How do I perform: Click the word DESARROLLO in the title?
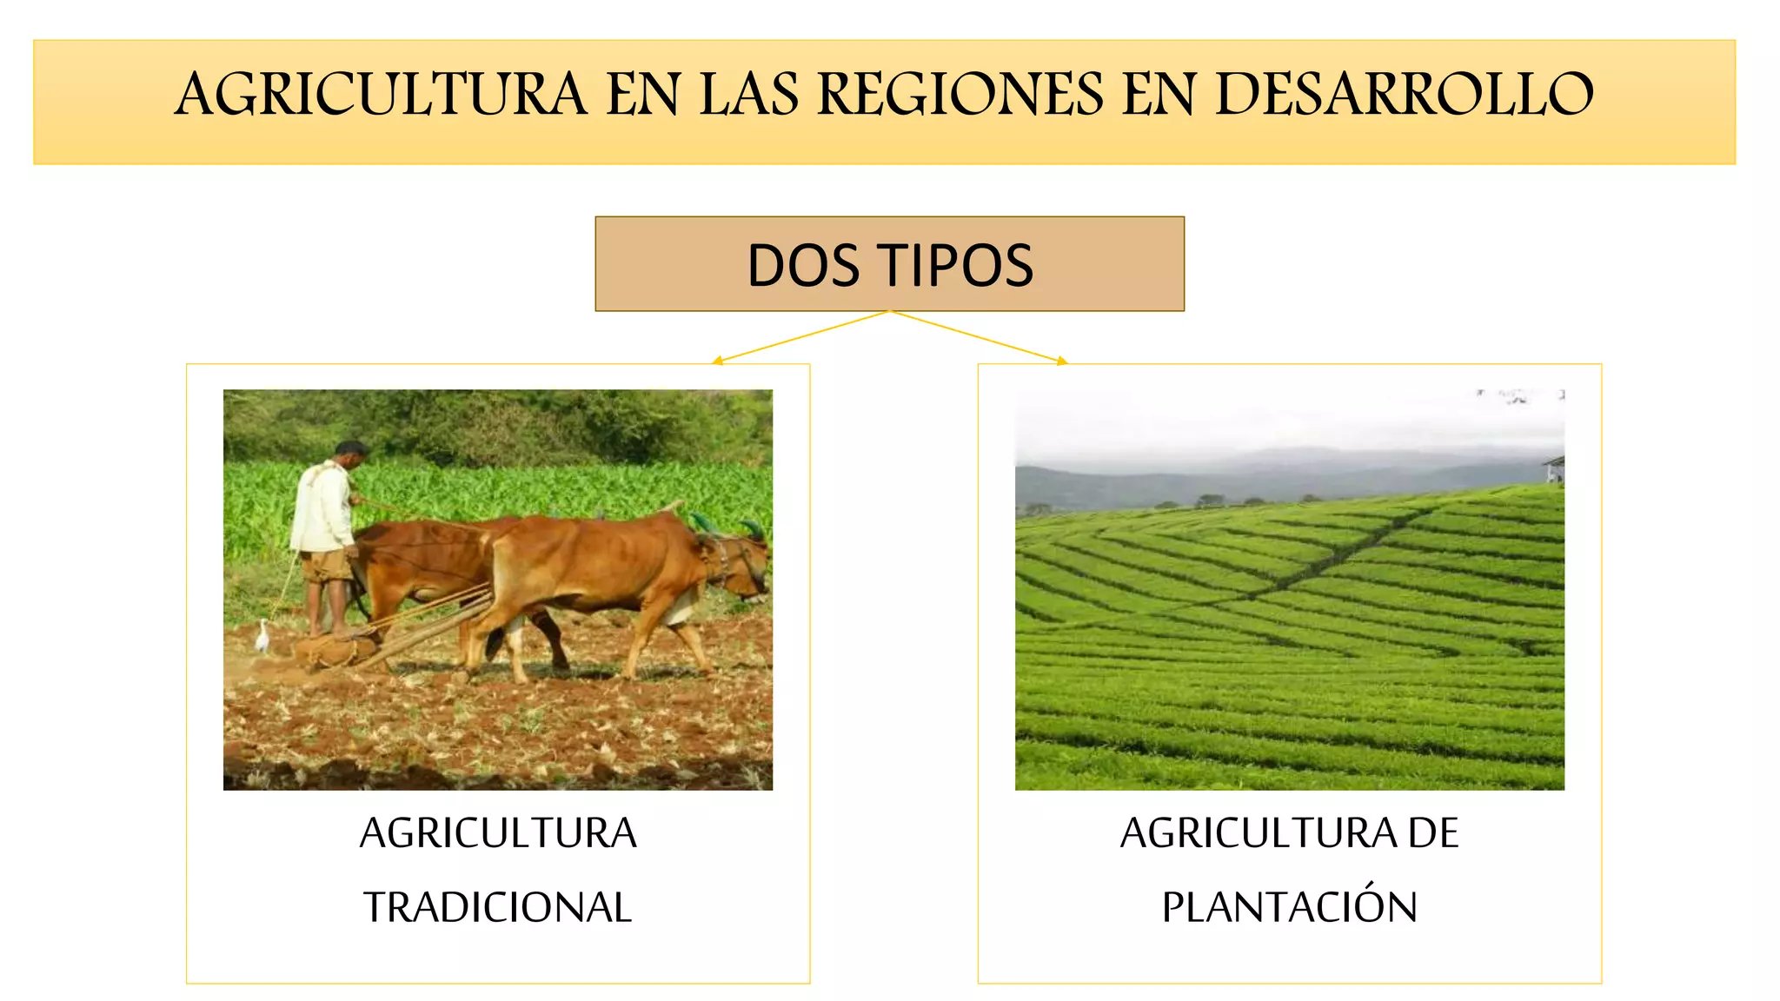pos(1404,95)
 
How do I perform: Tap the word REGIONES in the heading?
pos(960,95)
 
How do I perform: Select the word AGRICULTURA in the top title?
pos(381,95)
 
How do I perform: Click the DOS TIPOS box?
pos(889,264)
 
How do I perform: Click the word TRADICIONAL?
pos(497,907)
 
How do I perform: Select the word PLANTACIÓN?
pos(1289,907)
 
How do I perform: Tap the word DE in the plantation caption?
pos(1432,832)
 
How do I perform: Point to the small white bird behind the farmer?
pos(262,638)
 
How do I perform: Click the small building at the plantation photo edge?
pos(1554,469)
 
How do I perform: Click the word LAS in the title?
pos(748,95)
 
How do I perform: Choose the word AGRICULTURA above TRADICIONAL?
pos(497,832)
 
